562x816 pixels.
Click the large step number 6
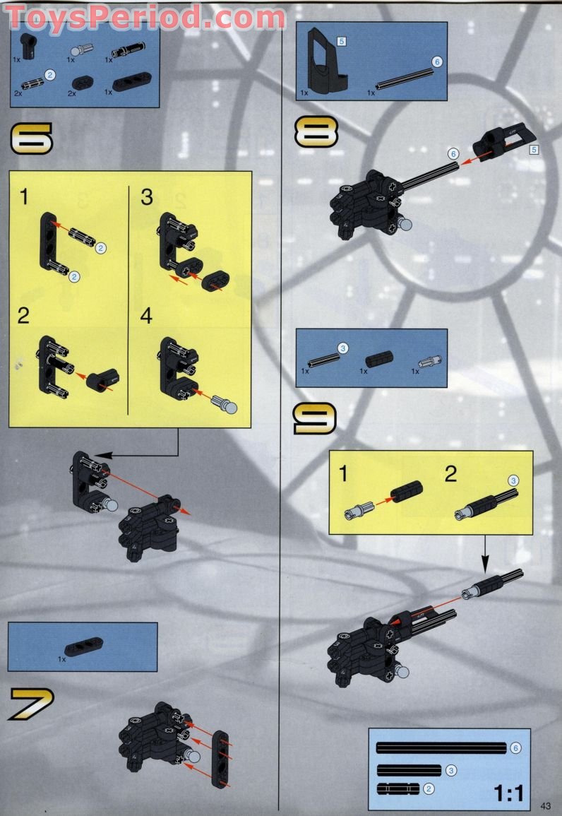31,138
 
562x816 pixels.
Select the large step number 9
315,418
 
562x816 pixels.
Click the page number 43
546,805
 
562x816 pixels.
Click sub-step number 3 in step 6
146,197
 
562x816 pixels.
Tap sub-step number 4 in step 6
146,316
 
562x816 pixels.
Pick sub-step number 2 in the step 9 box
450,474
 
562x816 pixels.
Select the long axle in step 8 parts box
402,77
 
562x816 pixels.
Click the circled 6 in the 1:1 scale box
515,748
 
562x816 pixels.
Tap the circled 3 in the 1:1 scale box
450,769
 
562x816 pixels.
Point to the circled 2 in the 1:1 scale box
428,788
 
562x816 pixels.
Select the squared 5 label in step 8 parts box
342,41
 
